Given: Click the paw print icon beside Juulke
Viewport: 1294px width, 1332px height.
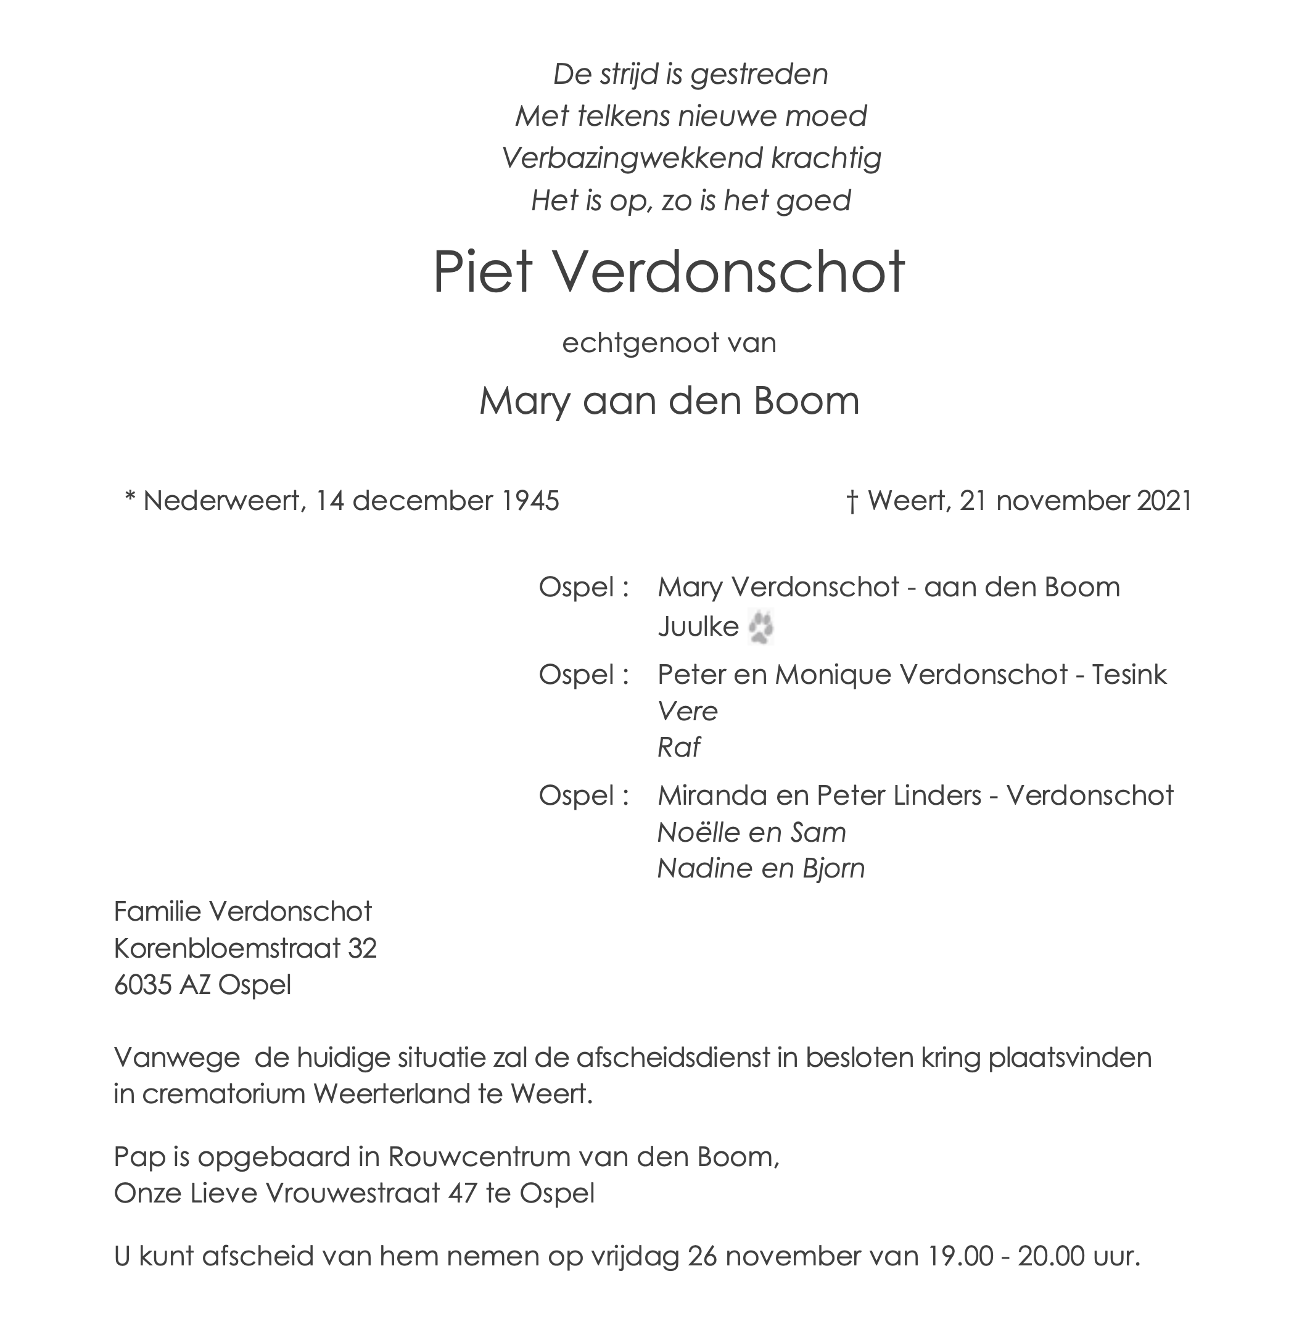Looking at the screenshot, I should coord(761,627).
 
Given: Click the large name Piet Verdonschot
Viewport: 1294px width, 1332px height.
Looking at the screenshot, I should coord(669,273).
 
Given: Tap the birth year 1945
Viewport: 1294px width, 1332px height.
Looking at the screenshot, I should coord(530,501).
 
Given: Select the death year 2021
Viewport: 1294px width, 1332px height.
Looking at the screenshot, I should coord(1165,501).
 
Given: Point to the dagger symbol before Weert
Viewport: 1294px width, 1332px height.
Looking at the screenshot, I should coord(852,501).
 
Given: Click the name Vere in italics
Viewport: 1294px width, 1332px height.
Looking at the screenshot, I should coord(687,712).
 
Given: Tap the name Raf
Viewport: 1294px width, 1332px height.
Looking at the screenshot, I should coord(678,747).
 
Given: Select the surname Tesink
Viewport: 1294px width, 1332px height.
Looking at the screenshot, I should coord(1129,674).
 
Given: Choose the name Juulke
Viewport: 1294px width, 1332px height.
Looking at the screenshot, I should coord(698,627).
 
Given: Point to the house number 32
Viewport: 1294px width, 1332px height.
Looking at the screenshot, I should coord(362,948).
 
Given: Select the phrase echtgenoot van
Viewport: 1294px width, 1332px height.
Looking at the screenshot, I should coord(669,342).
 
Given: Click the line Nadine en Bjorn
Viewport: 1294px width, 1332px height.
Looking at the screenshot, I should coord(761,868).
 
